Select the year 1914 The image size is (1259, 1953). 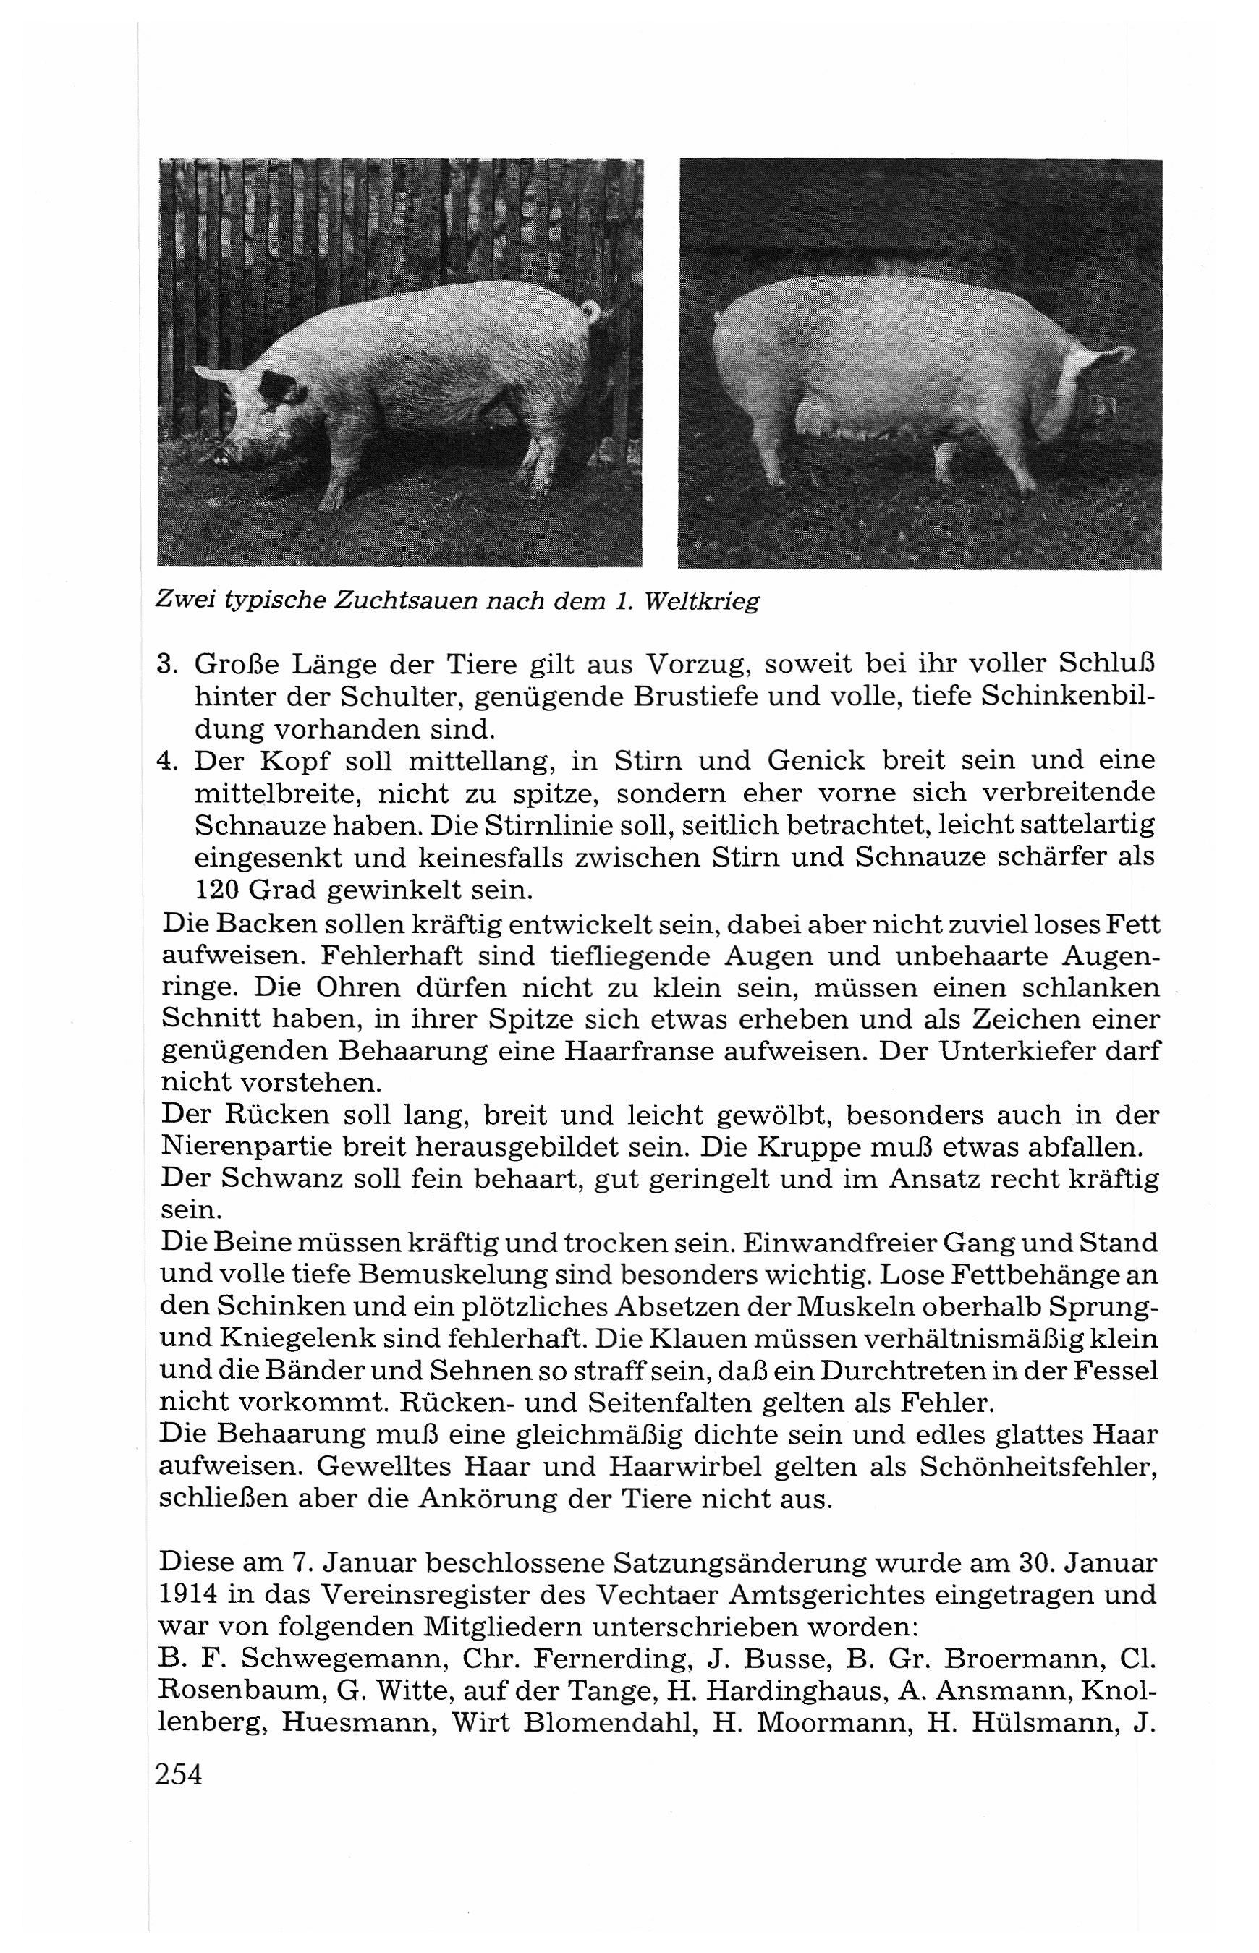(190, 1596)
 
